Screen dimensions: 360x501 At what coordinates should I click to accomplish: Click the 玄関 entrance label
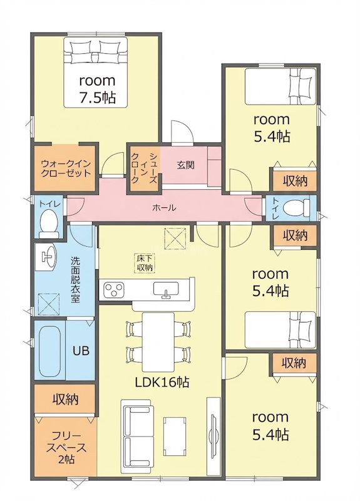185,166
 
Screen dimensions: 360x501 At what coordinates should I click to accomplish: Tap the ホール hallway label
165,208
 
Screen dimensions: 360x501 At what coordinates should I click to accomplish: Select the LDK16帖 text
162,382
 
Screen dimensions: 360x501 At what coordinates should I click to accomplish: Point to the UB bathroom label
81,351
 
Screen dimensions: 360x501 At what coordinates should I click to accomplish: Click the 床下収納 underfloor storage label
145,263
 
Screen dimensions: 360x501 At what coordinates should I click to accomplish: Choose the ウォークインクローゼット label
66,168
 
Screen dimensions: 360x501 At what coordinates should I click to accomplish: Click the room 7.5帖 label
98,89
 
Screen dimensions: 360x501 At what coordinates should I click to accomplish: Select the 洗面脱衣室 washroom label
75,280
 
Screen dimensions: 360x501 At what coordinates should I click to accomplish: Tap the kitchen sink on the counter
166,289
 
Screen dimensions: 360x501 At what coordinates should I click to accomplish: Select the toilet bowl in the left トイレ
49,223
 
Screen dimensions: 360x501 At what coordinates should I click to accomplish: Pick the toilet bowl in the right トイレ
297,208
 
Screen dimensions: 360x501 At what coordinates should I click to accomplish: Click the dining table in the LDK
158,341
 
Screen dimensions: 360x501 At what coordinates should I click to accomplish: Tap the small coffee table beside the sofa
175,436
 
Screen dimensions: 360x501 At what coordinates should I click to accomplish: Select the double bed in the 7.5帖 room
96,72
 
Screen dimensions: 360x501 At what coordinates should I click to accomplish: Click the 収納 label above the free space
66,399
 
